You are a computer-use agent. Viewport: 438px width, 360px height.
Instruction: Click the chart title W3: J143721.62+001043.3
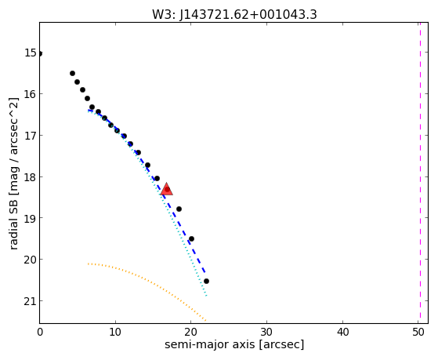coord(234,14)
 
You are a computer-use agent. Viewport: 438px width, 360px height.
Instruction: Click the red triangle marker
coord(167,189)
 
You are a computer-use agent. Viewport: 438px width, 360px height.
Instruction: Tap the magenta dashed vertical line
coord(420,173)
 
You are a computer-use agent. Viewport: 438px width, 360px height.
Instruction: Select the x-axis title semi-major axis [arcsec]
coord(234,344)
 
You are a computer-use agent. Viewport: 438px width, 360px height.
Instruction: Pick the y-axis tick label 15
coord(31,53)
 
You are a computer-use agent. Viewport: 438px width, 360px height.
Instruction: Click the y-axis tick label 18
coord(31,176)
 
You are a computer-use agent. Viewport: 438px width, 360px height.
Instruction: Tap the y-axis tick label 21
coord(31,301)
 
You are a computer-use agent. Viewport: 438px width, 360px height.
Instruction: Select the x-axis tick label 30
coord(266,332)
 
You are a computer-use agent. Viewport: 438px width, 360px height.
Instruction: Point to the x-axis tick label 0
coord(40,332)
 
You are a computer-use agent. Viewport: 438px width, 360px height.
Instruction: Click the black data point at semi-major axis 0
coord(40,53)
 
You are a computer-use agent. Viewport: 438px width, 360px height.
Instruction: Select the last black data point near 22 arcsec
coord(206,281)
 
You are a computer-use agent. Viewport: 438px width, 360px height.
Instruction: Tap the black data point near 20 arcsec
coord(191,239)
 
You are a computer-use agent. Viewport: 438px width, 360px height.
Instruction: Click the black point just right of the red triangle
coord(179,209)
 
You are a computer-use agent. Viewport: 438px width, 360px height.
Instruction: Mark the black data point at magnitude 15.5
coord(72,73)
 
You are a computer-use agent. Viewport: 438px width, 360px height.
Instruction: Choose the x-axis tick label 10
coord(115,332)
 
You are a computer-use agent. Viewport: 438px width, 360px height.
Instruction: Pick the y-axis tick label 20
coord(31,260)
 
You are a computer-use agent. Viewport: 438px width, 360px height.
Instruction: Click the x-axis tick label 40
coord(342,332)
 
